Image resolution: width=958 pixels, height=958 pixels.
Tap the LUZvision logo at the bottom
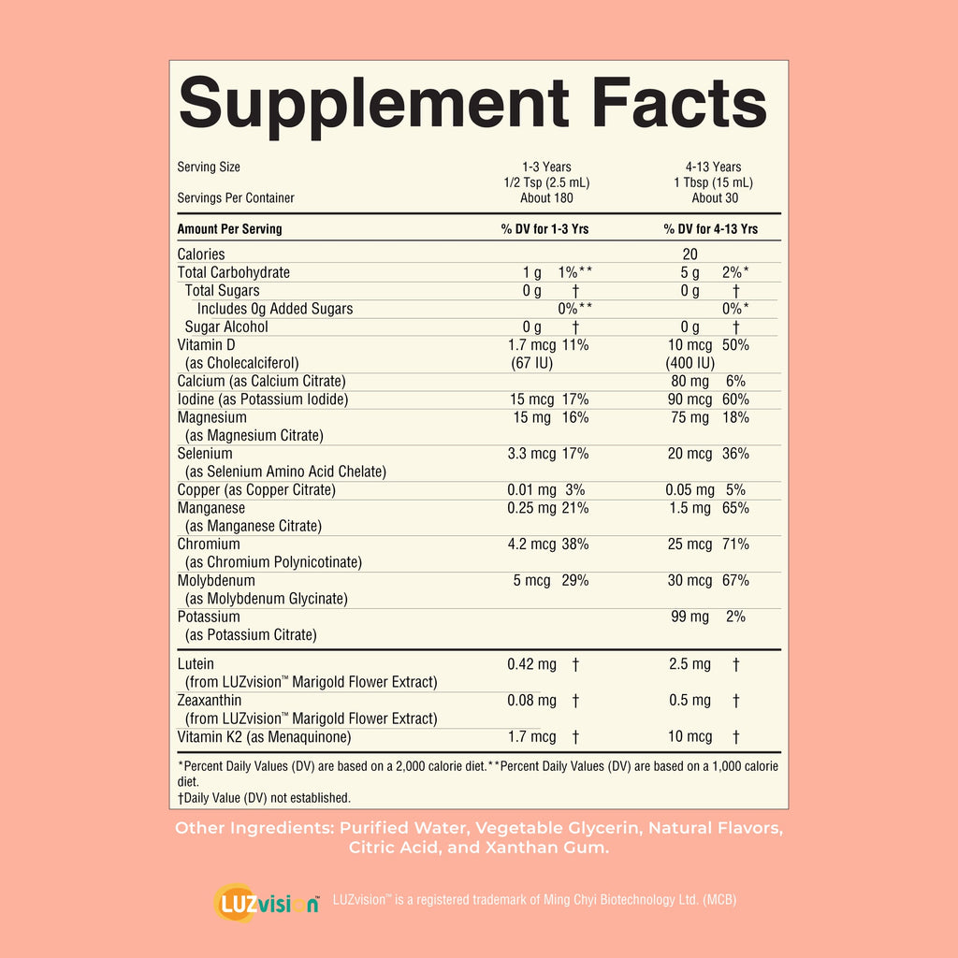click(x=267, y=903)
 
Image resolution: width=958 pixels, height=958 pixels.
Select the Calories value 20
click(x=689, y=254)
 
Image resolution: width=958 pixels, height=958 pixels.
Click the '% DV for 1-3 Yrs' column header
click(x=544, y=229)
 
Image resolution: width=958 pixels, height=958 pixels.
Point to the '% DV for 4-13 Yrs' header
click(x=711, y=229)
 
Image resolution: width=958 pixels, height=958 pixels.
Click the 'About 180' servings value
click(x=546, y=198)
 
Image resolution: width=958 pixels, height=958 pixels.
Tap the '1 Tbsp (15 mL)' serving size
click(x=713, y=182)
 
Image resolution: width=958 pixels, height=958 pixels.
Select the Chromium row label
click(x=209, y=544)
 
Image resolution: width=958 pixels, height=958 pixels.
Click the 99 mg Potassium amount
click(x=689, y=617)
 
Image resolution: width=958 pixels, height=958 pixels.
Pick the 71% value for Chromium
click(x=735, y=544)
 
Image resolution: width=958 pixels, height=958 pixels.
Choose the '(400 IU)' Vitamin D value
click(x=689, y=363)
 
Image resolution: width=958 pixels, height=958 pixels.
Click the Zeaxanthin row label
click(x=209, y=700)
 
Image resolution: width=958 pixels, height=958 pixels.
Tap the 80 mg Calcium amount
click(x=689, y=382)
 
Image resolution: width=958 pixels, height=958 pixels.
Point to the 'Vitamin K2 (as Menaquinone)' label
click(x=264, y=737)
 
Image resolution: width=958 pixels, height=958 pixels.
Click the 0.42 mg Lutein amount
click(x=531, y=664)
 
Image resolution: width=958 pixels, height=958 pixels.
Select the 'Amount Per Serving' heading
click(x=230, y=229)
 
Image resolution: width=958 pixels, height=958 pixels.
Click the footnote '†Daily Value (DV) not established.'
click(x=264, y=798)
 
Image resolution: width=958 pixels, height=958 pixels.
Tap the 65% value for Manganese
click(x=735, y=508)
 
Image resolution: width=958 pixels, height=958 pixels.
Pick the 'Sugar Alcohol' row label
click(x=226, y=327)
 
